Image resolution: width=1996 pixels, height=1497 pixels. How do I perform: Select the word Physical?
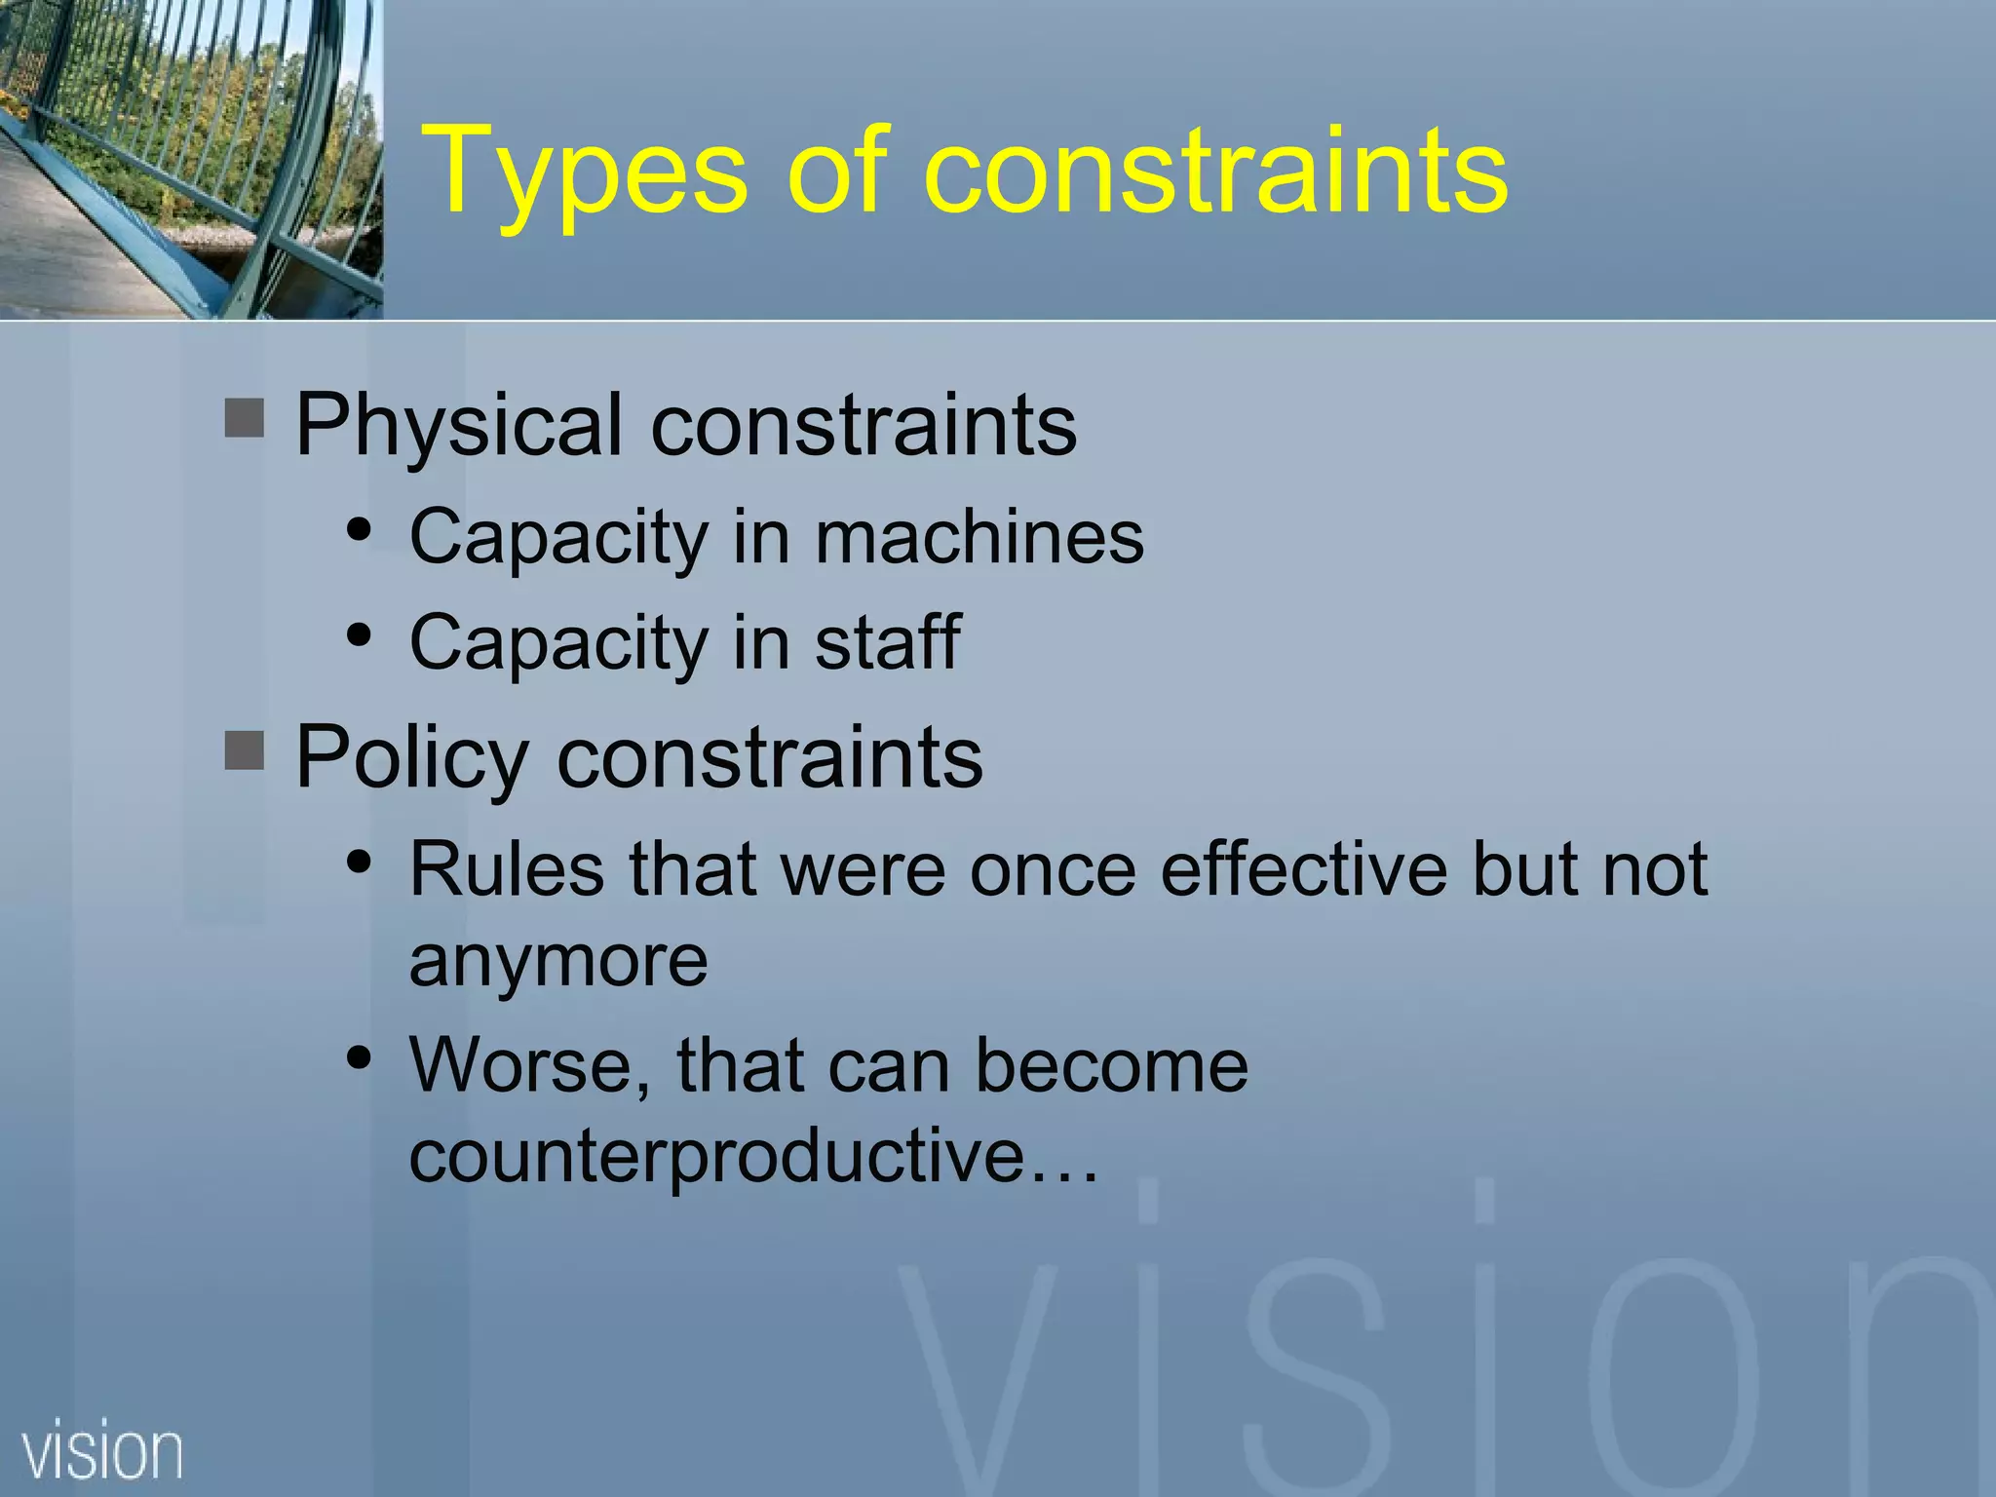pos(458,426)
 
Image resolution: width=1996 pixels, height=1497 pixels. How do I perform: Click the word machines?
pos(979,537)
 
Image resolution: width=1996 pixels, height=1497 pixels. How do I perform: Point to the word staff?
pos(888,642)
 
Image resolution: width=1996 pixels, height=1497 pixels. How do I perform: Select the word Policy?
pos(411,759)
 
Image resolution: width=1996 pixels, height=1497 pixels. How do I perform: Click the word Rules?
pos(506,868)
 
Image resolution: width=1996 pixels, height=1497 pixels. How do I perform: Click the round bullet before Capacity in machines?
pos(360,530)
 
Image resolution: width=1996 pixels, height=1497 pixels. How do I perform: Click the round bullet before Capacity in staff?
pos(360,635)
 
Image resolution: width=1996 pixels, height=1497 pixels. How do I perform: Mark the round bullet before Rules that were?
pos(360,862)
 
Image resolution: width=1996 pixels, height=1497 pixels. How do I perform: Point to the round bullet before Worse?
pos(360,1057)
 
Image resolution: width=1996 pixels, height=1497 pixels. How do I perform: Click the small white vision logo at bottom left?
pos(102,1451)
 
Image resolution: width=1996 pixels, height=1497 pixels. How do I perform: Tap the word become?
pos(1111,1065)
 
